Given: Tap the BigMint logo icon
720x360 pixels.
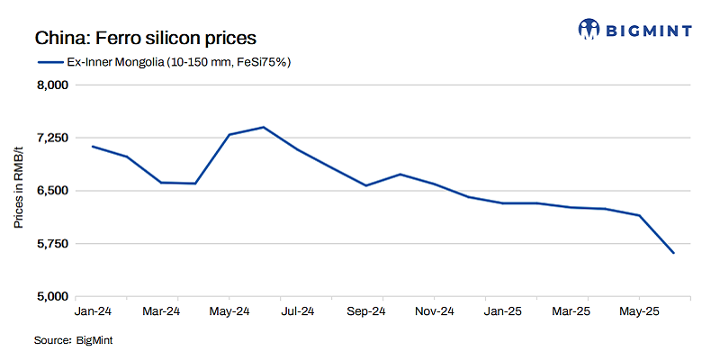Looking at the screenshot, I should click(589, 29).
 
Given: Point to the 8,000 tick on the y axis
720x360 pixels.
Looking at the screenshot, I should click(51, 85).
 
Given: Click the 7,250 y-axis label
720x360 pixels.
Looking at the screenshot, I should click(51, 138).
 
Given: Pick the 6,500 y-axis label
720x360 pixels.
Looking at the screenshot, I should click(51, 191).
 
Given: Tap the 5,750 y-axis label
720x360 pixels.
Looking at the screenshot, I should click(51, 244).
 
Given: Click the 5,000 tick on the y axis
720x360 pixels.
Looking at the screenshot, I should click(51, 297).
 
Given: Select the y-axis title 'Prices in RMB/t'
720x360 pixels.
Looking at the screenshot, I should click(19, 191).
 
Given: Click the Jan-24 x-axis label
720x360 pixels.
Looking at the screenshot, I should click(93, 311).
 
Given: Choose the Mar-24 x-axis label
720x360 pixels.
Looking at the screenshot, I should click(161, 311).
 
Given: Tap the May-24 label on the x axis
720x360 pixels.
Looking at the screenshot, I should click(229, 311).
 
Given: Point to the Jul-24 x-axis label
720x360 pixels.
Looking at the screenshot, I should click(298, 311).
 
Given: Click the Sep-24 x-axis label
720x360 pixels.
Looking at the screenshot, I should click(366, 311).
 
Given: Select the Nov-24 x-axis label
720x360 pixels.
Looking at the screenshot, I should click(435, 311).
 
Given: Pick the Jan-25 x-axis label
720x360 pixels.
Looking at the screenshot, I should click(502, 311).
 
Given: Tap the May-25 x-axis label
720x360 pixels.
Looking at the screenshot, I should click(639, 311).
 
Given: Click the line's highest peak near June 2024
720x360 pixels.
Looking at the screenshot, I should click(263, 127).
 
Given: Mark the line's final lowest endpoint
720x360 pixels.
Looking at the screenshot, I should click(673, 254).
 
